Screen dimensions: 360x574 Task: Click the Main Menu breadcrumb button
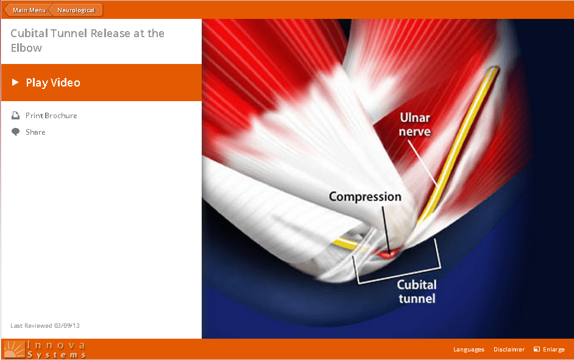point(27,10)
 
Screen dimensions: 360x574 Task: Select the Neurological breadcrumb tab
point(76,10)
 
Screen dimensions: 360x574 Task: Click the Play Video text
point(53,83)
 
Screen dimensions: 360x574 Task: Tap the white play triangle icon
point(15,82)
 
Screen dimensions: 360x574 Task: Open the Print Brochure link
point(51,116)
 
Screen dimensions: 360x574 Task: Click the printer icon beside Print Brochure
point(16,116)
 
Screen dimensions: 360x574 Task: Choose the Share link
point(35,132)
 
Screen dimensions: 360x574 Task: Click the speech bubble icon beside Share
point(16,132)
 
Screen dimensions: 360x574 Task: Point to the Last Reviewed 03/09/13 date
point(45,325)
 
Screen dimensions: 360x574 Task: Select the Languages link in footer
point(469,350)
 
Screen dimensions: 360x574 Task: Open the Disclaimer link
point(509,350)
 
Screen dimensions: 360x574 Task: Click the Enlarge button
point(550,350)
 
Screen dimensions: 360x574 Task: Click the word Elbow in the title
point(26,48)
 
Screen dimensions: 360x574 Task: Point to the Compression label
point(365,197)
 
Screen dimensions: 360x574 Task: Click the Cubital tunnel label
point(417,292)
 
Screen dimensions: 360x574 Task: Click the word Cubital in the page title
point(30,34)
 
